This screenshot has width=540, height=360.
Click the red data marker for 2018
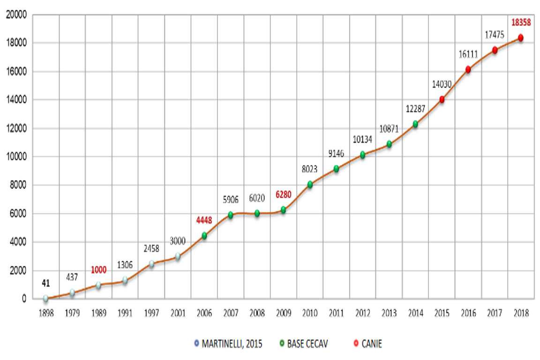click(x=521, y=38)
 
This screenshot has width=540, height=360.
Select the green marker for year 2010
click(x=310, y=184)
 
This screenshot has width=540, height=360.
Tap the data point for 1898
click(x=45, y=298)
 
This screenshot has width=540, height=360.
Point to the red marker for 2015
click(x=442, y=99)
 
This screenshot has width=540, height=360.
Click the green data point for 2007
click(x=230, y=215)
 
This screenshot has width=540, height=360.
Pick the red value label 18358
click(x=520, y=22)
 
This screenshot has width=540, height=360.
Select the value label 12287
click(x=415, y=109)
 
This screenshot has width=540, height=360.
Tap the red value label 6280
click(x=283, y=194)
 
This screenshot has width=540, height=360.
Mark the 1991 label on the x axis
click(x=125, y=313)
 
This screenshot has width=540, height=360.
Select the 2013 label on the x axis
click(x=389, y=313)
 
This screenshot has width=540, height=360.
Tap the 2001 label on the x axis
click(x=178, y=313)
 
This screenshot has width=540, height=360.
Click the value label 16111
click(x=468, y=55)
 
